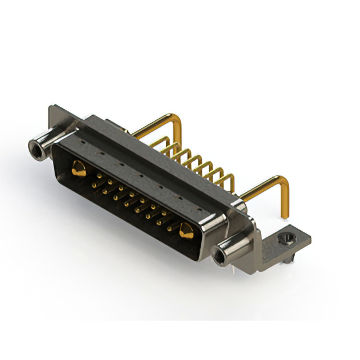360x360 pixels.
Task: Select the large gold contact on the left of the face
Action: click(x=79, y=168)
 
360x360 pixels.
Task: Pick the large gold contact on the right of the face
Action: click(x=186, y=229)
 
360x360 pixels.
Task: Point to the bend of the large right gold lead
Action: click(x=284, y=183)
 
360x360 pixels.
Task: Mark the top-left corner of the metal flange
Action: click(x=51, y=107)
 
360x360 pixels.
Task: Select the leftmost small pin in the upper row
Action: click(x=99, y=177)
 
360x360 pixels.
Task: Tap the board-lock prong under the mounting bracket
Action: click(x=288, y=259)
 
